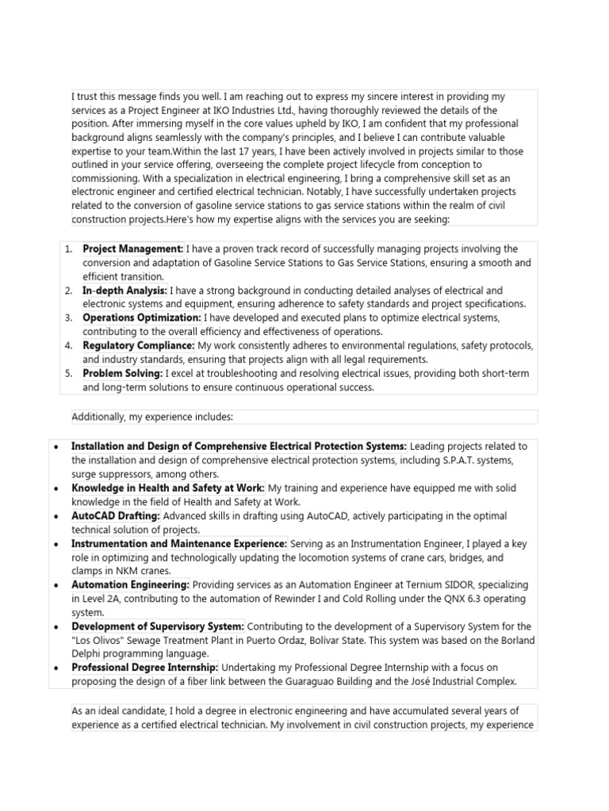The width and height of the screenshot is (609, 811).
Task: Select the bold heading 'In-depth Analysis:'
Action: click(125, 291)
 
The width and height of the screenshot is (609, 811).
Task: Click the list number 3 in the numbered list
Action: click(69, 318)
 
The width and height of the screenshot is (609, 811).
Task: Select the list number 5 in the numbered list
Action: click(69, 373)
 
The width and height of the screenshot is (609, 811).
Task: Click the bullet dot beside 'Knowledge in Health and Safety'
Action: click(53, 488)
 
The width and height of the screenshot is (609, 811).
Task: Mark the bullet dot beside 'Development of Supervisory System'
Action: click(53, 626)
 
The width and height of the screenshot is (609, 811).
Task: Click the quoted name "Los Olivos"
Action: click(100, 640)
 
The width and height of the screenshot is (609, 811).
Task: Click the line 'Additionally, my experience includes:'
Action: click(152, 416)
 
